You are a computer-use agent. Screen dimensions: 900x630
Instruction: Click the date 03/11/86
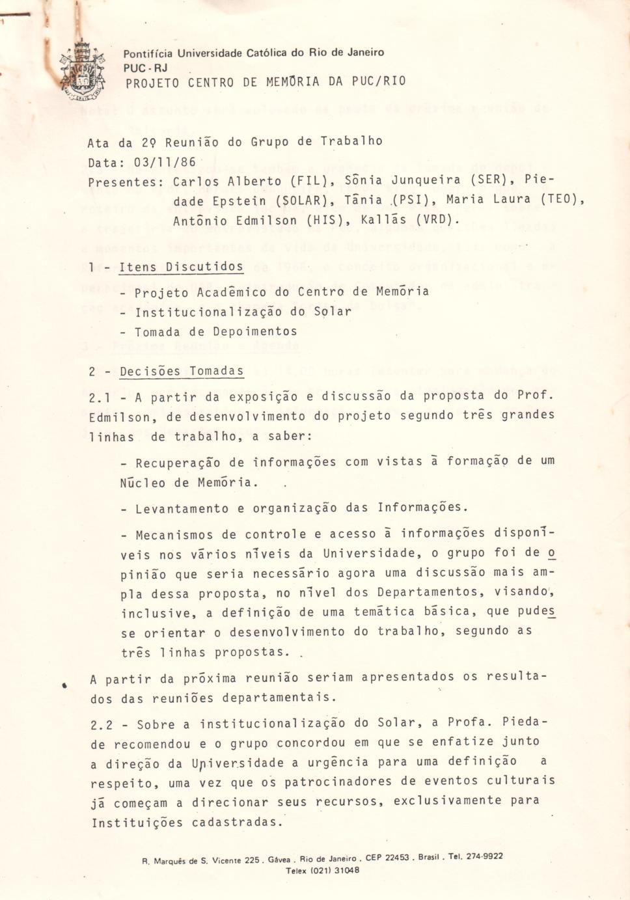pyautogui.click(x=165, y=161)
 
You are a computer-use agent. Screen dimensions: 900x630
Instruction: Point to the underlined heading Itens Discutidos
pyautogui.click(x=181, y=267)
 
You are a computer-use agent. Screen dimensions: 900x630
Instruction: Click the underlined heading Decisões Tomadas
pyautogui.click(x=182, y=372)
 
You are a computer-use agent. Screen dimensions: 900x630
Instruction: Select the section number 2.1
pyautogui.click(x=100, y=397)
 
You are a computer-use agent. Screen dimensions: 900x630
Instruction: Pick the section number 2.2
pyautogui.click(x=102, y=724)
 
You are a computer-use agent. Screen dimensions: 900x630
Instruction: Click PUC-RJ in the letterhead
pyautogui.click(x=145, y=68)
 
